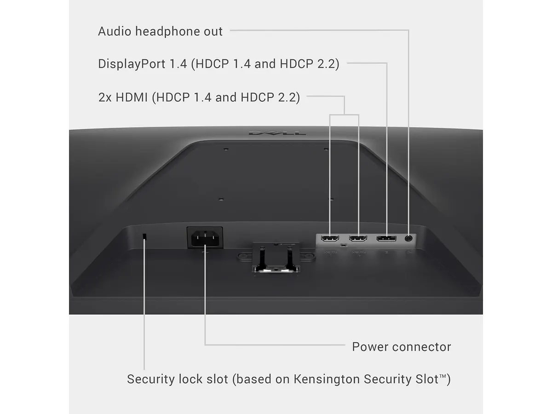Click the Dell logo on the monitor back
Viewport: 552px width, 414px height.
[x=277, y=133]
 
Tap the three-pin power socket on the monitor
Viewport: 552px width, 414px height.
[x=205, y=238]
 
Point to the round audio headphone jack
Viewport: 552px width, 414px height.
[x=408, y=238]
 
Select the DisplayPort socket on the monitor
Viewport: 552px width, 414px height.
[x=386, y=238]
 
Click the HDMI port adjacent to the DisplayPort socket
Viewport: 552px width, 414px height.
[x=358, y=238]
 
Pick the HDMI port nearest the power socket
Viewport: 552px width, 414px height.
[x=330, y=238]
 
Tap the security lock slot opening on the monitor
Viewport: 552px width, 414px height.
[x=144, y=236]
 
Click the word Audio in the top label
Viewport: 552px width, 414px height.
[x=115, y=31]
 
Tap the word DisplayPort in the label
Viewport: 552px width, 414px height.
[x=132, y=64]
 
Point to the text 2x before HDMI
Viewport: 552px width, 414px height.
[x=105, y=98]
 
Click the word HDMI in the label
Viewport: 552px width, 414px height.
[x=132, y=97]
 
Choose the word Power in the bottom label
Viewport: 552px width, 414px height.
[x=370, y=347]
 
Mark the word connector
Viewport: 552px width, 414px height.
[x=421, y=347]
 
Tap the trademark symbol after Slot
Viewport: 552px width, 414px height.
[x=443, y=376]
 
